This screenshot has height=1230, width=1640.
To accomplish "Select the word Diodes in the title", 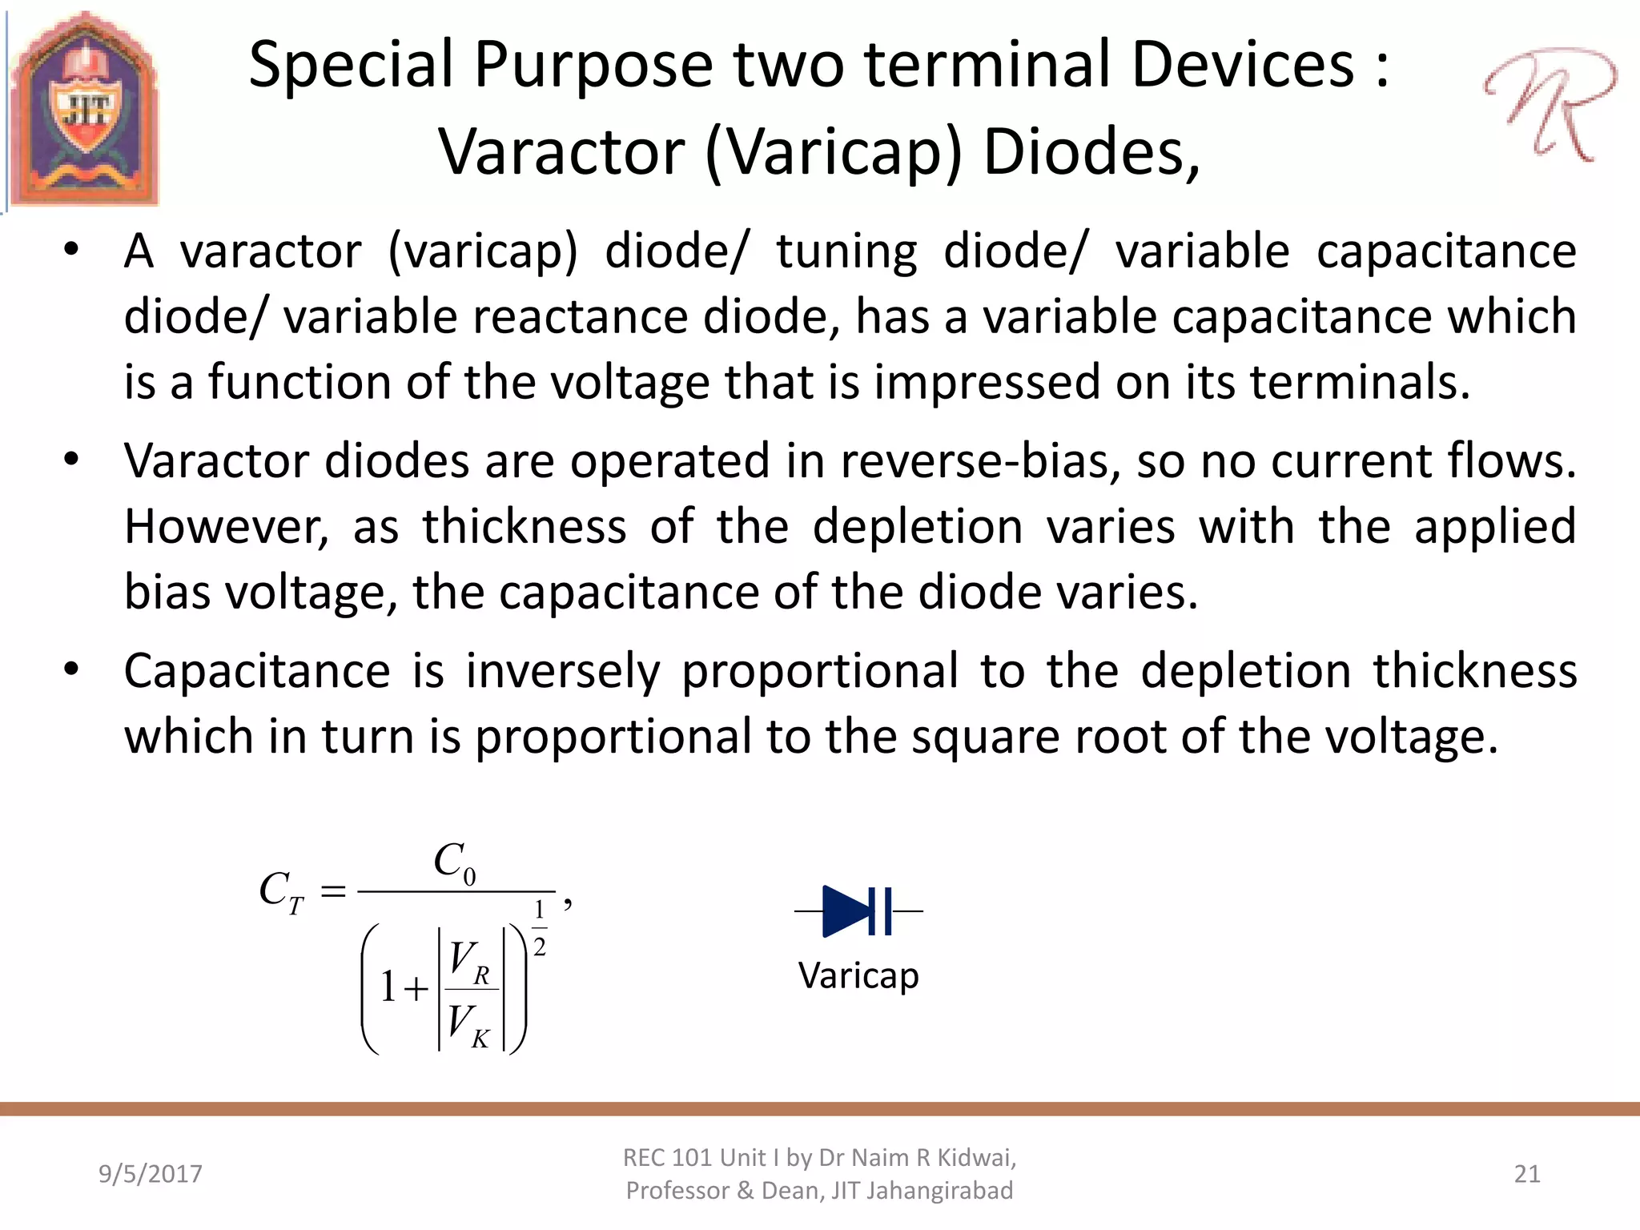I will tap(1091, 153).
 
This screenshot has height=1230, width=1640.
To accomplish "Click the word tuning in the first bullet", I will tap(846, 253).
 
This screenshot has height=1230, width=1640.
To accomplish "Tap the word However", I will tap(227, 528).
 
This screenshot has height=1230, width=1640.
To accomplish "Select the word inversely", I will tap(563, 671).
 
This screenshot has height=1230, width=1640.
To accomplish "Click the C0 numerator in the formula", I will tap(455, 863).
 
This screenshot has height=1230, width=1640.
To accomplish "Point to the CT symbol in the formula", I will tap(281, 892).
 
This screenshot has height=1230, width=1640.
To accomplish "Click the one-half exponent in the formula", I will tap(540, 929).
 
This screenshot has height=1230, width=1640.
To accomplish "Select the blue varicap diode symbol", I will tap(858, 911).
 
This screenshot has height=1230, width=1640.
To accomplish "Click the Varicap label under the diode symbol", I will tap(858, 976).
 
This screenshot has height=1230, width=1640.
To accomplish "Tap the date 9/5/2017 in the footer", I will tap(151, 1174).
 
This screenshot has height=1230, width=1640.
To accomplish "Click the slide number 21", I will tap(1527, 1174).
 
